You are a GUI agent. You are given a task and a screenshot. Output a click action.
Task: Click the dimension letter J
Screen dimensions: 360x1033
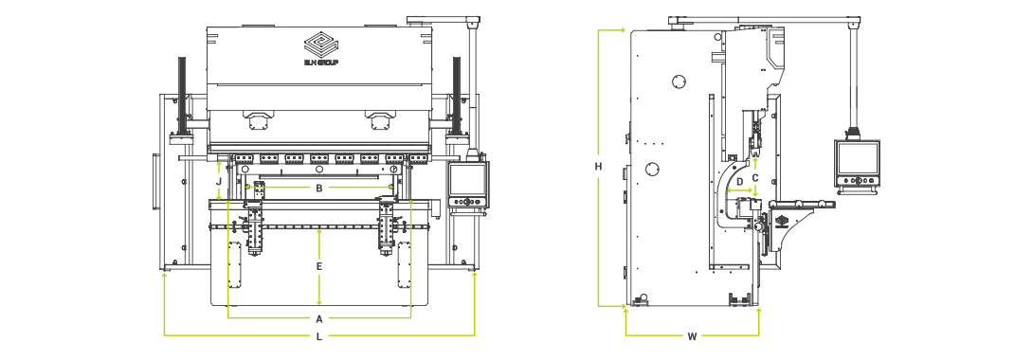pos(219,179)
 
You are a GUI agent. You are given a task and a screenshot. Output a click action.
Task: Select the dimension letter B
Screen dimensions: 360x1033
pos(319,189)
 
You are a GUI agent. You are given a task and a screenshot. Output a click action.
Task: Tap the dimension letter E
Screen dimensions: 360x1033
pos(319,267)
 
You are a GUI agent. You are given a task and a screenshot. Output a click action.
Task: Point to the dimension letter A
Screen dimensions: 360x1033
pos(319,317)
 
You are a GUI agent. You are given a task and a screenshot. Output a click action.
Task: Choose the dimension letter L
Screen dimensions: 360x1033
pos(319,336)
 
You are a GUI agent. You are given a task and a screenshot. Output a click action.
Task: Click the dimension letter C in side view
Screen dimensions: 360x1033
pos(755,177)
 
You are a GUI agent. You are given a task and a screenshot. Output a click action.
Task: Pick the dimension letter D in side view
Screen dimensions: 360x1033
pos(740,181)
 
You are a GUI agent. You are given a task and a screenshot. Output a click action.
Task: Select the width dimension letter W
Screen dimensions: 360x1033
pos(692,336)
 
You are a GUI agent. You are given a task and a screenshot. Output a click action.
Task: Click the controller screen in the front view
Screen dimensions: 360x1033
pos(465,178)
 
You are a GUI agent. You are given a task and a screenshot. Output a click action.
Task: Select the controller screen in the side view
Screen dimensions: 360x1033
pos(858,157)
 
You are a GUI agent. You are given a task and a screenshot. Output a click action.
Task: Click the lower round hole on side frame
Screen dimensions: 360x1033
pos(653,169)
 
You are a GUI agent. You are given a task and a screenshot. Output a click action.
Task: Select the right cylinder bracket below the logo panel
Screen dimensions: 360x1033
pos(381,119)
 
